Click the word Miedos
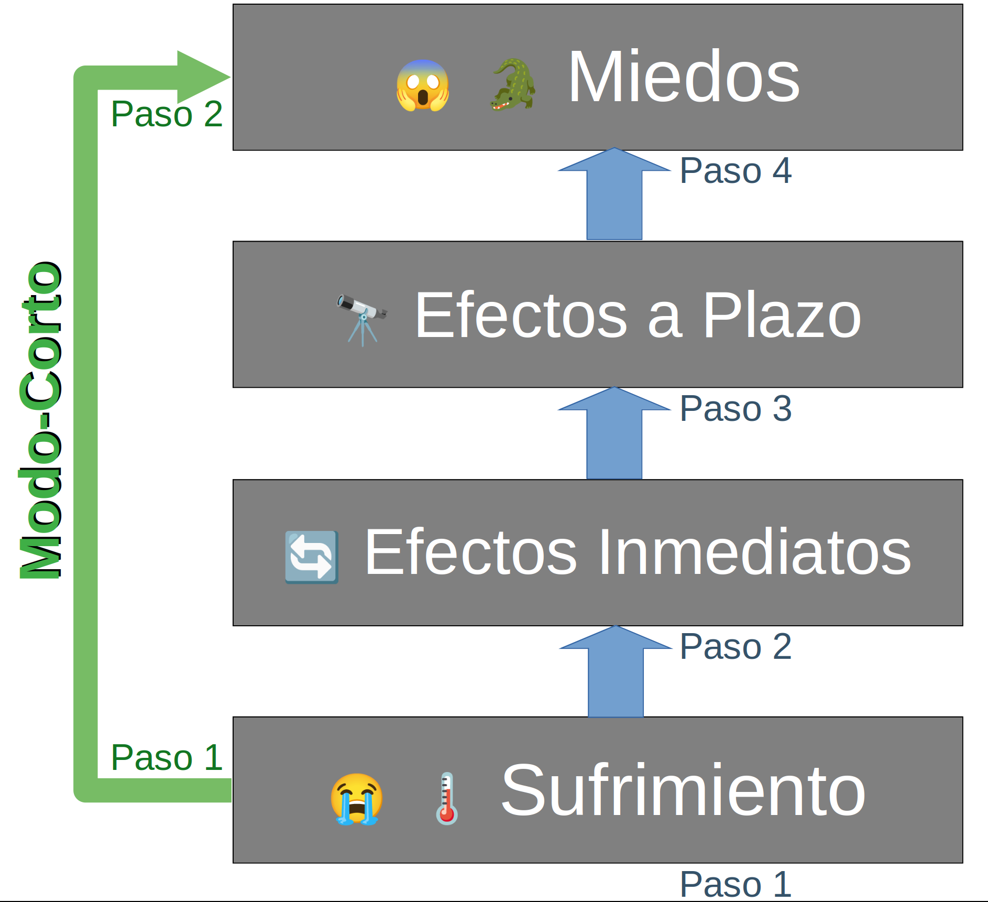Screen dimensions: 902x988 (x=684, y=78)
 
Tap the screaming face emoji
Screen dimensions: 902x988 (x=422, y=85)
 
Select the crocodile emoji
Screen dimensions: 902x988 (x=513, y=85)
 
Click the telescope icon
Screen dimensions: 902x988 (x=361, y=318)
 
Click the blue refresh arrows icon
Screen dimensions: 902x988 (x=311, y=557)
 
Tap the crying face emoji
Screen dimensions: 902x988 (x=356, y=799)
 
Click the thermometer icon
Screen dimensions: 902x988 (x=446, y=799)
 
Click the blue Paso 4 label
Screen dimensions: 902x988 (x=735, y=171)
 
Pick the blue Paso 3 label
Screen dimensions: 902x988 (x=735, y=409)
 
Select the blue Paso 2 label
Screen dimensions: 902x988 (x=735, y=646)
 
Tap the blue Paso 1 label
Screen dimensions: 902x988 (x=735, y=885)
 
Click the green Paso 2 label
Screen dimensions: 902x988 (x=167, y=114)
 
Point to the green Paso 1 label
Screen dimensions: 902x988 (x=167, y=757)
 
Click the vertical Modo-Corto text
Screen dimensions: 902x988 (x=40, y=419)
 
